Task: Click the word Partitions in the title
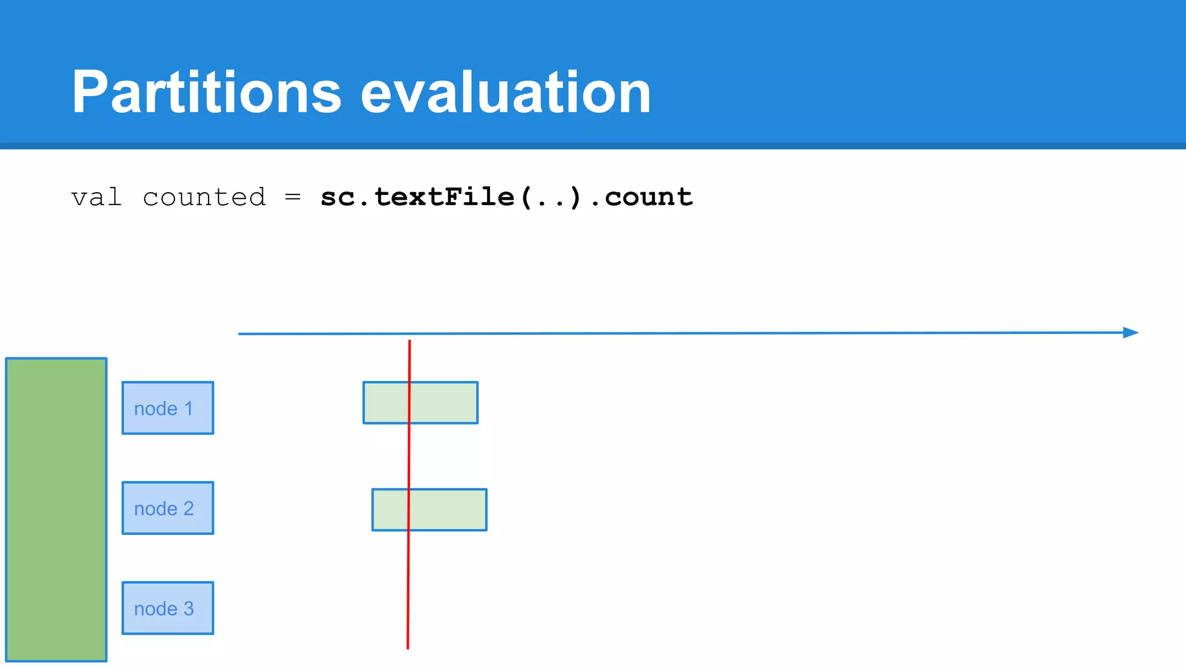click(207, 93)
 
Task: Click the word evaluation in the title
click(506, 93)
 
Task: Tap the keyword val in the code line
click(96, 197)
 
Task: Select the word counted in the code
click(204, 197)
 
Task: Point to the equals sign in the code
click(293, 197)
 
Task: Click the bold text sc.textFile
click(417, 197)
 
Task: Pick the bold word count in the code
click(649, 197)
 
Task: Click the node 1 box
click(168, 408)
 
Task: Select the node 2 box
click(168, 508)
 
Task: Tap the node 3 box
click(168, 608)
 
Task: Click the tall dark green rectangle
click(56, 510)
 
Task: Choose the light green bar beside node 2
click(452, 510)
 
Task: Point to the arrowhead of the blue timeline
click(1131, 332)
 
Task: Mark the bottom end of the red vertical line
click(408, 647)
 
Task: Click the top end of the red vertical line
click(409, 342)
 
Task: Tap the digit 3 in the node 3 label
click(188, 609)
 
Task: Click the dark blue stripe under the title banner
click(593, 146)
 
